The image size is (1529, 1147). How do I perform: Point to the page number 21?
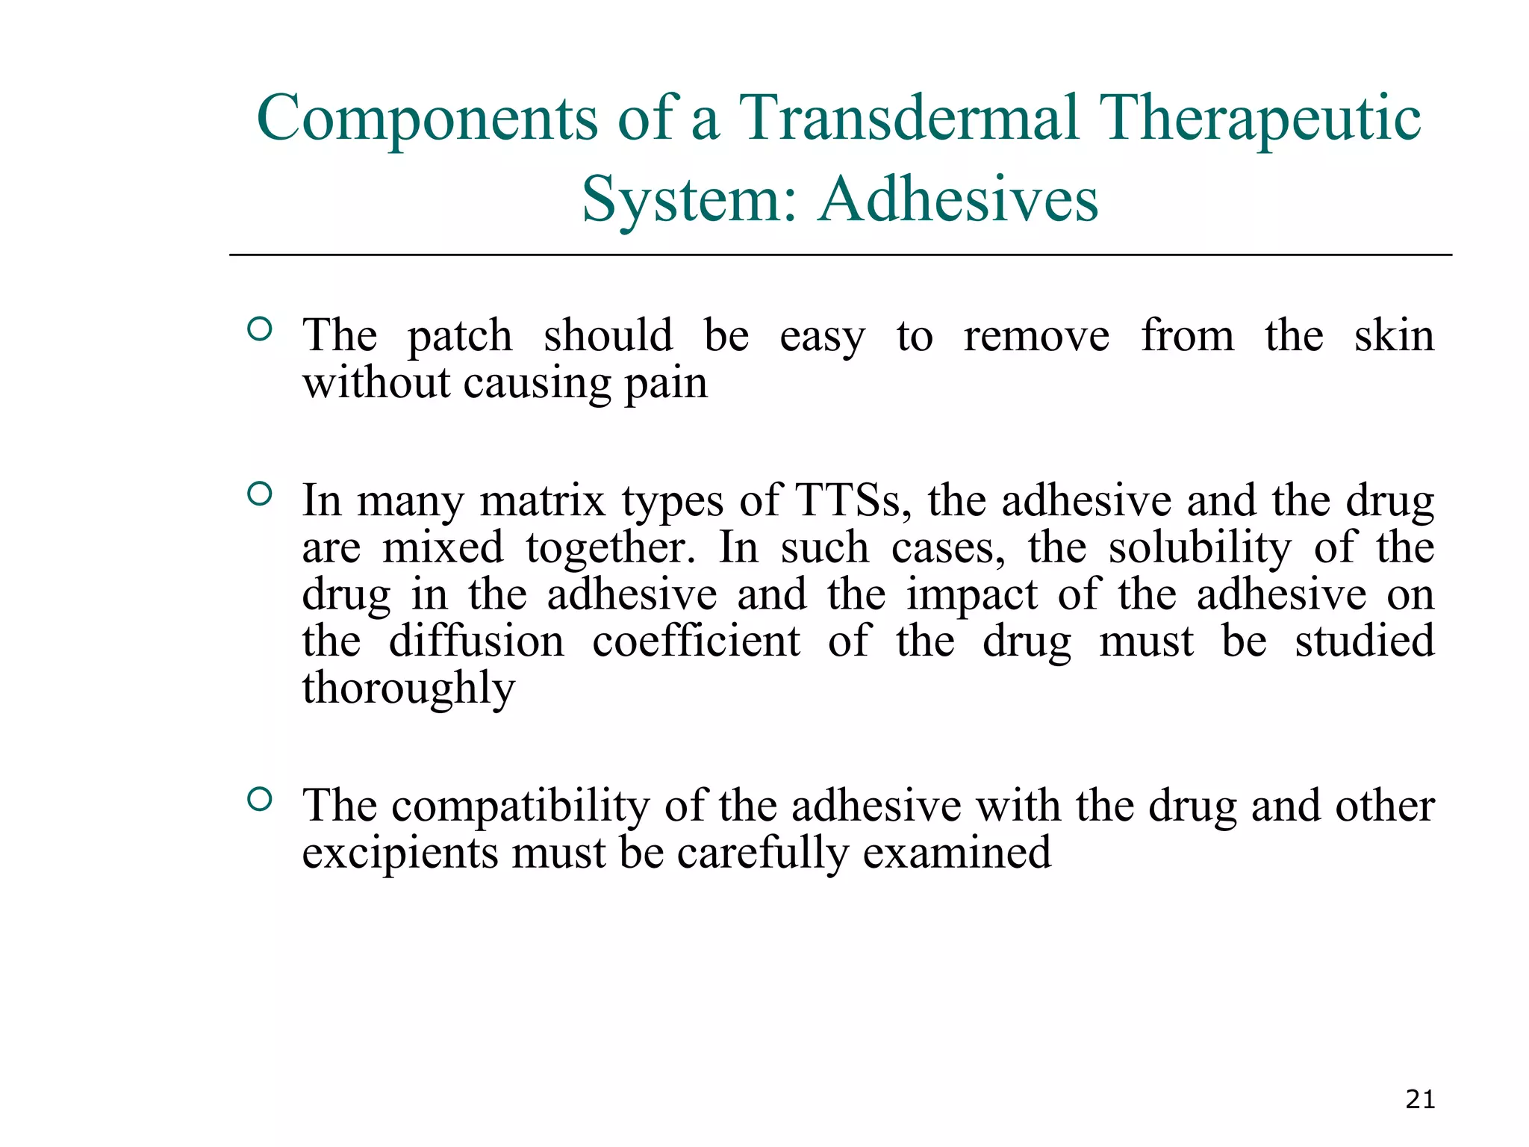coord(1420,1099)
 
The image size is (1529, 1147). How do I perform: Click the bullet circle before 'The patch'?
coord(259,329)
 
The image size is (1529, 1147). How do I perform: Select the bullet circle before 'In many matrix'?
coord(259,494)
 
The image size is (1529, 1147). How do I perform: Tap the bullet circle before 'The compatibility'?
coord(259,800)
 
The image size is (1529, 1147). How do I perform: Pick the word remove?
coord(1036,336)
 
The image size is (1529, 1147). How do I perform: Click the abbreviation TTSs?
coord(853,500)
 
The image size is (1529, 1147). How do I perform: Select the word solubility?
coord(1199,548)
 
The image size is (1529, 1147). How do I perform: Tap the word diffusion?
coord(476,641)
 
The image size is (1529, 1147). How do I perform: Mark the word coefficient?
coord(696,641)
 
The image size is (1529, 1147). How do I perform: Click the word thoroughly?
coord(408,689)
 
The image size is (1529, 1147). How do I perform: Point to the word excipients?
coord(399,854)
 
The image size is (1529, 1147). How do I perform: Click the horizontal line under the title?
coord(841,255)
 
